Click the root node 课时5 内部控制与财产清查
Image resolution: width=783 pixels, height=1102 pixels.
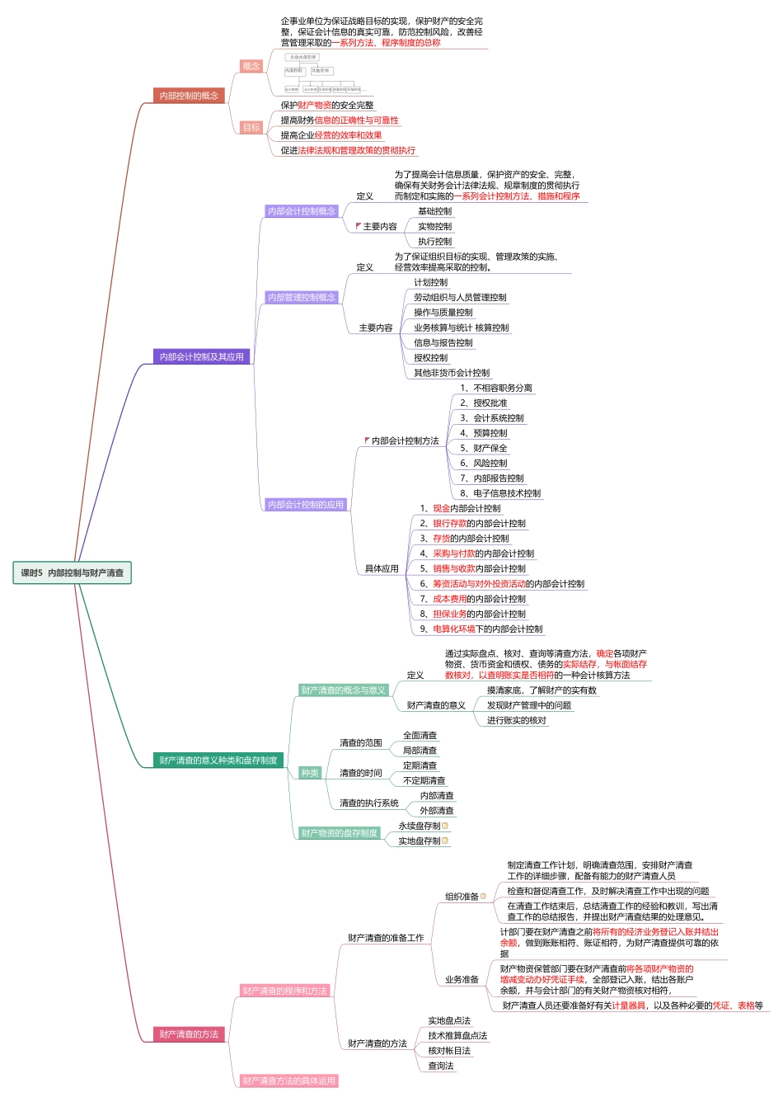72,572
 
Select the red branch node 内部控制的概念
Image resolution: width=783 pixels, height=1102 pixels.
189,96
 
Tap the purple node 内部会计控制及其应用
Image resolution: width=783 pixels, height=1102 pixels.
201,356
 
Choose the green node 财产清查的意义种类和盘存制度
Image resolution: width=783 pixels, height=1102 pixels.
218,760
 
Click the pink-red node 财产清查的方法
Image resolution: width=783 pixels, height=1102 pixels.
189,1034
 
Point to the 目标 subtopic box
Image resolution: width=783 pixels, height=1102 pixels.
251,127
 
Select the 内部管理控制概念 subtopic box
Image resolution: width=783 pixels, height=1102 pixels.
302,297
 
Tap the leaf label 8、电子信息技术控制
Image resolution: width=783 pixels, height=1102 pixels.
500,493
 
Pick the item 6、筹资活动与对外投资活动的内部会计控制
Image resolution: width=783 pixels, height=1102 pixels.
502,583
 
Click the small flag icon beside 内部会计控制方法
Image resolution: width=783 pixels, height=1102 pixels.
367,440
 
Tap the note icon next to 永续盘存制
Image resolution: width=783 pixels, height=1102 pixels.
445,826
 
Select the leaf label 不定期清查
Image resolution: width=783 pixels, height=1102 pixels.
424,780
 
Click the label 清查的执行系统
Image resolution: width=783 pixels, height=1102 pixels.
369,803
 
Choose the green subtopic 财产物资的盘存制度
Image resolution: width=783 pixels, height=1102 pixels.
339,833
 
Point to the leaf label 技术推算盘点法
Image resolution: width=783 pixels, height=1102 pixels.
457,1035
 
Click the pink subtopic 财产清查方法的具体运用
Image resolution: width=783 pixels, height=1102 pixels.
288,1081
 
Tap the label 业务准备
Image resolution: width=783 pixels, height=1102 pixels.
462,979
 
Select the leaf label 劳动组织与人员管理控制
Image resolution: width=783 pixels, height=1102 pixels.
460,297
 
